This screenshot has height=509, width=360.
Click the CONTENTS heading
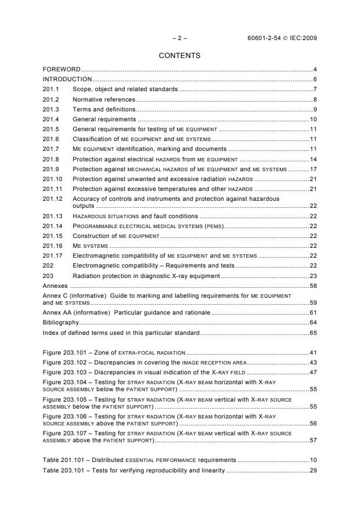pos(179,56)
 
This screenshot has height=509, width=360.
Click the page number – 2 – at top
pos(179,38)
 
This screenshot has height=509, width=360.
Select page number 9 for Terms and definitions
pos(314,109)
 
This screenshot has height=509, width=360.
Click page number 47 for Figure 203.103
pos(312,372)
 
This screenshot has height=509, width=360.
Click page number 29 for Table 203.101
pos(312,469)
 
